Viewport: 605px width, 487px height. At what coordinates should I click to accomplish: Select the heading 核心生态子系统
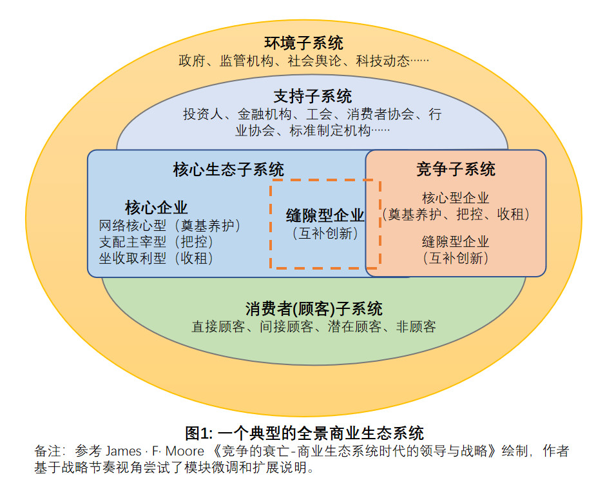tap(228, 170)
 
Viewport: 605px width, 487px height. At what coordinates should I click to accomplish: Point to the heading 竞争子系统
tap(456, 170)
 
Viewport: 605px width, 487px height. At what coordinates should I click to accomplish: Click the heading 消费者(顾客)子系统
tap(313, 308)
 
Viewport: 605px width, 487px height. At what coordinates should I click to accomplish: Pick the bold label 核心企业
tap(157, 208)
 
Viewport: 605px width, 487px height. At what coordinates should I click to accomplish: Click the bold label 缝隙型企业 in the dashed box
tap(325, 215)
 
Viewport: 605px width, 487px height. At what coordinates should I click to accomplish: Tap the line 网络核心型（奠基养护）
tap(169, 226)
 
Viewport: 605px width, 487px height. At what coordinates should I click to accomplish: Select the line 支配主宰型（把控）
tap(156, 242)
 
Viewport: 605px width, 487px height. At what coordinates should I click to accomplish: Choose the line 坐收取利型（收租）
tap(156, 258)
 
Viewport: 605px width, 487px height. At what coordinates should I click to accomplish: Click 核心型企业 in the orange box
tap(456, 198)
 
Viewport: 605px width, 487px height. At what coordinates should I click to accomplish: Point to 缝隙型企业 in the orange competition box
tap(456, 242)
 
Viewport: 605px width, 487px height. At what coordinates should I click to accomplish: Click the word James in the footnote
tap(124, 451)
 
